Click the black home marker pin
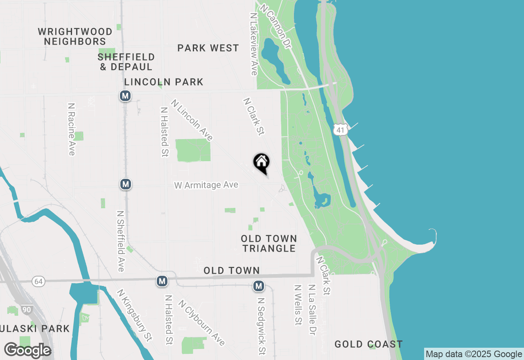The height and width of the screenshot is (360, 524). point(261,162)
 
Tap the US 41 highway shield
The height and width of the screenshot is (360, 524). point(341,129)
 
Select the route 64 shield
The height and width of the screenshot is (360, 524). point(38,281)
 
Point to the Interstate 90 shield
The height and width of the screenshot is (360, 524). point(26,310)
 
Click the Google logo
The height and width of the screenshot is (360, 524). point(27,351)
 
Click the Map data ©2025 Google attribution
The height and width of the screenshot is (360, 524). point(474,354)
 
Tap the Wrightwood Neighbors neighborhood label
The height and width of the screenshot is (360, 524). point(75,37)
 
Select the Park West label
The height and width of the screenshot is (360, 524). point(208,48)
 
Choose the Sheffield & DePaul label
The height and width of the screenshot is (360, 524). point(126,62)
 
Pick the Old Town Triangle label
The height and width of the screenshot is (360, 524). point(269,243)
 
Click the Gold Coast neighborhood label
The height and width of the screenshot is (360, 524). point(368,344)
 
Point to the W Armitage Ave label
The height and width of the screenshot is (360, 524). point(206,185)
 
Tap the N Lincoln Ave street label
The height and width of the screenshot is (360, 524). point(192,120)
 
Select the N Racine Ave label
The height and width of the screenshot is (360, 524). point(72,129)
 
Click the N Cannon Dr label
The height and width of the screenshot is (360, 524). point(275,27)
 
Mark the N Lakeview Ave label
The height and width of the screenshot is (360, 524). point(253,44)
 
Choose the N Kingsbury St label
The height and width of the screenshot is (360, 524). point(135,315)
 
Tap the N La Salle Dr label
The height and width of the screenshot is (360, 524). point(312,310)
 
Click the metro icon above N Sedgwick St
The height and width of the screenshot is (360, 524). point(258,286)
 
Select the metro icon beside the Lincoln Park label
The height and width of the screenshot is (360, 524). point(125,96)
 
